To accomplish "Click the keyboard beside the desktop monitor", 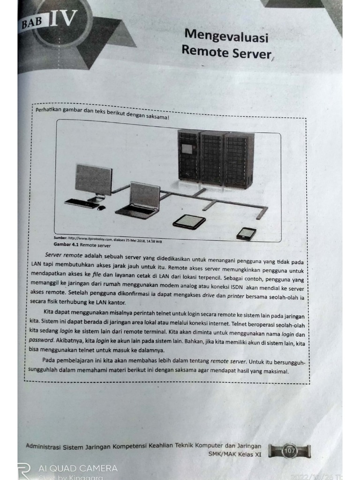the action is [x=82, y=203].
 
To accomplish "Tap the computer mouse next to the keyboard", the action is [x=101, y=207].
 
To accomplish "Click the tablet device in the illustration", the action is [x=189, y=221].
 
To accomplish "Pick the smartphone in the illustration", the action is [x=246, y=233].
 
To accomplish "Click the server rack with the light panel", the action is [x=188, y=157].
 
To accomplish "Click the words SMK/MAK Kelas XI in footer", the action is [x=235, y=454].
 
